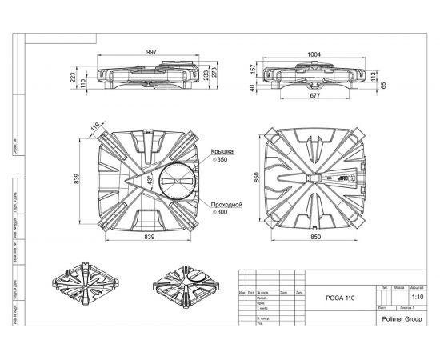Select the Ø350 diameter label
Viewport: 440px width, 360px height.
click(x=222, y=159)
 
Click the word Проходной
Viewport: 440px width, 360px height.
click(x=226, y=205)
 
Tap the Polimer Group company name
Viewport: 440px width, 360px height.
click(x=401, y=318)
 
